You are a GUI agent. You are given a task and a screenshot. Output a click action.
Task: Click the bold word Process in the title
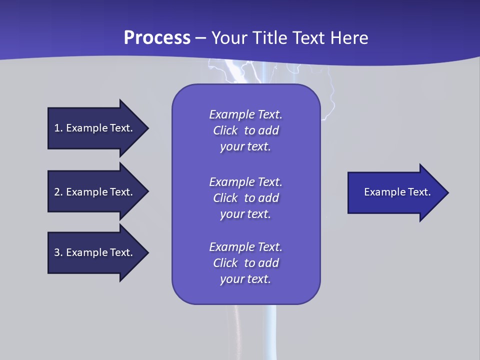pyautogui.click(x=157, y=38)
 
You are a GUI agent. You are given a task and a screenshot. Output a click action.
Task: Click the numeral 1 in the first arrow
pyautogui.click(x=57, y=128)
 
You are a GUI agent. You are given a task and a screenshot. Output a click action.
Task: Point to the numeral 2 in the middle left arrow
pyautogui.click(x=57, y=192)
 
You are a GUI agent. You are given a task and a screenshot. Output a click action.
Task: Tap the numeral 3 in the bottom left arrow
pyautogui.click(x=57, y=252)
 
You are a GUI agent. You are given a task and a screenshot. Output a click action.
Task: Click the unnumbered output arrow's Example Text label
pyautogui.click(x=397, y=192)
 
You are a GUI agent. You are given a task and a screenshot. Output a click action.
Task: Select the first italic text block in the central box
pyautogui.click(x=245, y=130)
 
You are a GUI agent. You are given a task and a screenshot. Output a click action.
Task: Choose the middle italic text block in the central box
pyautogui.click(x=245, y=198)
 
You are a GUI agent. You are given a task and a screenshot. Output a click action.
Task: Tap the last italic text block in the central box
pyautogui.click(x=245, y=263)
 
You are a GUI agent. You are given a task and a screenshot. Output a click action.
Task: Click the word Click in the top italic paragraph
pyautogui.click(x=225, y=130)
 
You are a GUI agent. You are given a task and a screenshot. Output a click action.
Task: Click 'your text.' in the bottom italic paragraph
pyautogui.click(x=245, y=279)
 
